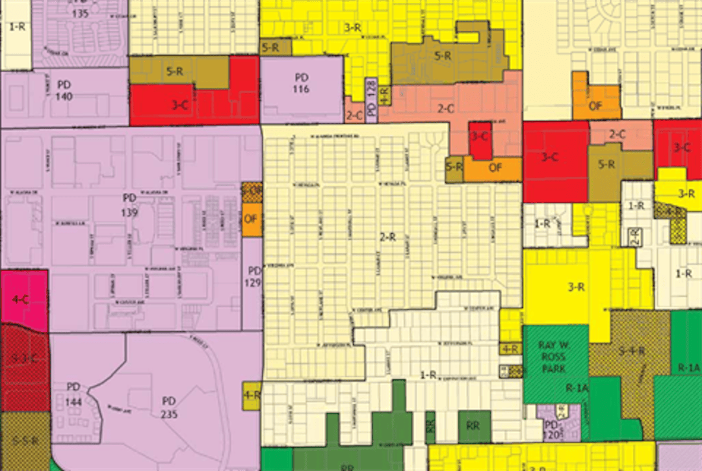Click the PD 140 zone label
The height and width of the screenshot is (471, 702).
click(x=64, y=90)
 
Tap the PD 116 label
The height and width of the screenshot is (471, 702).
click(x=301, y=83)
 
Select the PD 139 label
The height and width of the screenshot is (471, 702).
click(x=130, y=202)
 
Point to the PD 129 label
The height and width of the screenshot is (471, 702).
click(x=253, y=276)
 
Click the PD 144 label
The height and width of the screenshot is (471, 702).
click(x=73, y=393)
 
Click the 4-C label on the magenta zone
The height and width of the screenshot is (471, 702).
click(x=20, y=300)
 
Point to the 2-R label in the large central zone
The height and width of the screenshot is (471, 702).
click(x=387, y=237)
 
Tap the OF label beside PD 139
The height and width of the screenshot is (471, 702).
click(x=251, y=218)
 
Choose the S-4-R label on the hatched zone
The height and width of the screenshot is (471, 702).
click(x=631, y=351)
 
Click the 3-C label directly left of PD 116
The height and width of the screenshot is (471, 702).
click(x=181, y=105)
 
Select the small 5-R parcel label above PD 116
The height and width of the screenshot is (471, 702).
click(x=270, y=47)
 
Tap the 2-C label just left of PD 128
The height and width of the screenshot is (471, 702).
click(x=354, y=115)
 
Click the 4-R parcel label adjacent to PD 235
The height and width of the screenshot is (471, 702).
click(x=251, y=395)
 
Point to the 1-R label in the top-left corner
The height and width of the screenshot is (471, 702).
click(x=16, y=27)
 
